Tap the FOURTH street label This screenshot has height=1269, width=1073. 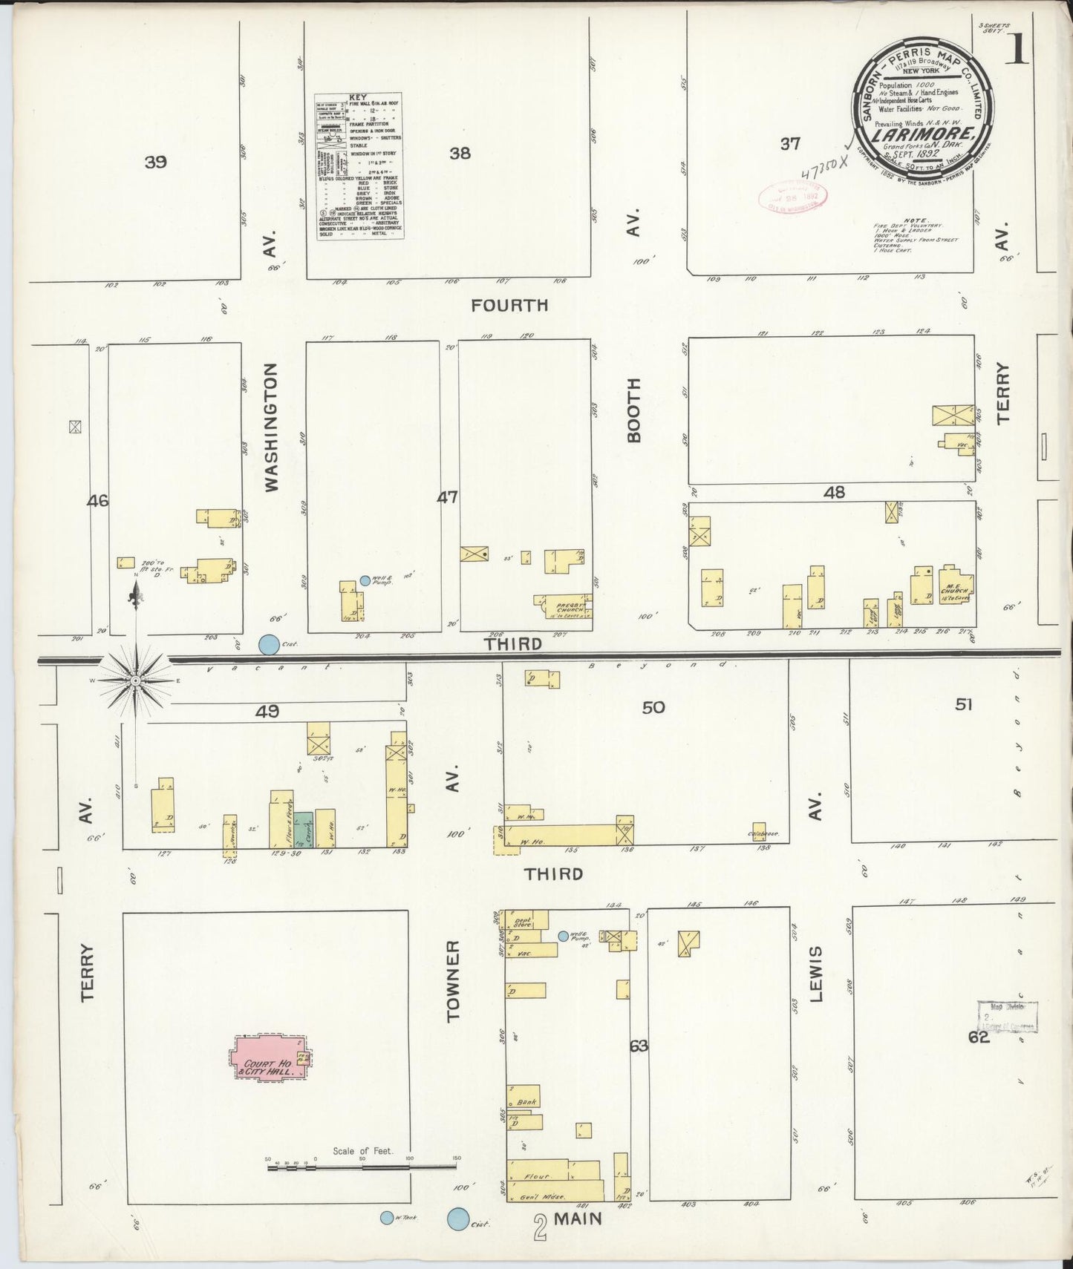click(x=510, y=305)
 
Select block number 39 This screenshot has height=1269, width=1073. click(x=156, y=162)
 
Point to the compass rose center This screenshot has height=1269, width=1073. click(x=136, y=680)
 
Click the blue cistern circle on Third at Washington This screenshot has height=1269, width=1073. click(x=269, y=644)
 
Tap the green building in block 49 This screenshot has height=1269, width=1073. click(x=302, y=830)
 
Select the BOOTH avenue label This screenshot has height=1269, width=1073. click(x=633, y=410)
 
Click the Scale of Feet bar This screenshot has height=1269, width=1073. click(x=362, y=1167)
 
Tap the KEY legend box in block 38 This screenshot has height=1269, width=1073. click(x=359, y=165)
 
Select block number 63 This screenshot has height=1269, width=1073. click(x=639, y=1046)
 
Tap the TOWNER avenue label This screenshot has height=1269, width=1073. click(x=454, y=981)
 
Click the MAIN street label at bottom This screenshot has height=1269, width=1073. click(x=578, y=1219)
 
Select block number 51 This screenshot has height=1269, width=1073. click(x=963, y=704)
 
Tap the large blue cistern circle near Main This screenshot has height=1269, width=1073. click(x=458, y=1219)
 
